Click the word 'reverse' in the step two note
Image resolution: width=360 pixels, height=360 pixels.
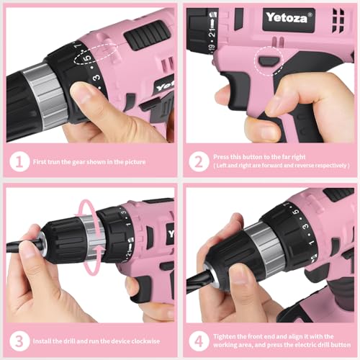302,165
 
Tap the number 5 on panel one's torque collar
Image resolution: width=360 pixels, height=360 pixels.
87,58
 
